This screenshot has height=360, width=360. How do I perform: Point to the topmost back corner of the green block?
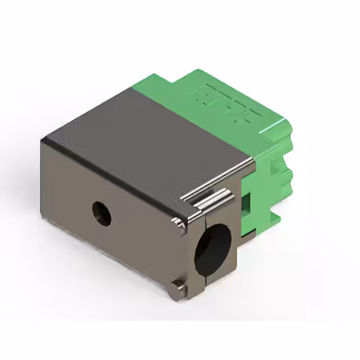tap(197, 70)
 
